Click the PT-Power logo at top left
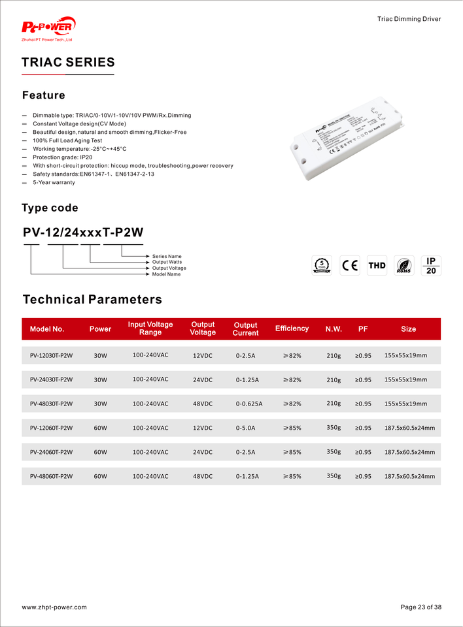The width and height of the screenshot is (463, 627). [x=48, y=28]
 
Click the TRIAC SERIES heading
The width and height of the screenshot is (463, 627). [x=68, y=63]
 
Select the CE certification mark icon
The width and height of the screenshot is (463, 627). [x=350, y=265]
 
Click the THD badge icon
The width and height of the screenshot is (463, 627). [x=377, y=265]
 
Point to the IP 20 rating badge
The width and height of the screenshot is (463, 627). [x=431, y=265]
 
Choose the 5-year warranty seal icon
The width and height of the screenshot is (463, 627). [x=321, y=265]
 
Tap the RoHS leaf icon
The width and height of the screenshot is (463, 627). [x=404, y=265]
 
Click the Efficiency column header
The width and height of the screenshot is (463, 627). [x=292, y=329]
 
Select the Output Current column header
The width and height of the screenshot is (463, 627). [x=245, y=329]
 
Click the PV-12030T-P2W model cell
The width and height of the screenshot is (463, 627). [x=51, y=356]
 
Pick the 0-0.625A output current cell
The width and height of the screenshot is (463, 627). [x=249, y=404]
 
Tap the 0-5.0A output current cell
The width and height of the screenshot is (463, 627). [x=245, y=428]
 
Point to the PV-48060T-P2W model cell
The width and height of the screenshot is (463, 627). [x=51, y=476]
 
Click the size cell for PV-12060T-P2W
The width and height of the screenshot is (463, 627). [x=409, y=428]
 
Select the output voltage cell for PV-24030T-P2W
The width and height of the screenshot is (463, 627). [x=203, y=380]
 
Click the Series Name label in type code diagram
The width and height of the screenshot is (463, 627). [x=167, y=256]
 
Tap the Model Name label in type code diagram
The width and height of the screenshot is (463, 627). [x=166, y=274]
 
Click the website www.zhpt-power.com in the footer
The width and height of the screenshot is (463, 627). [x=54, y=607]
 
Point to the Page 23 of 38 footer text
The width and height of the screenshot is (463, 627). [x=420, y=607]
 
